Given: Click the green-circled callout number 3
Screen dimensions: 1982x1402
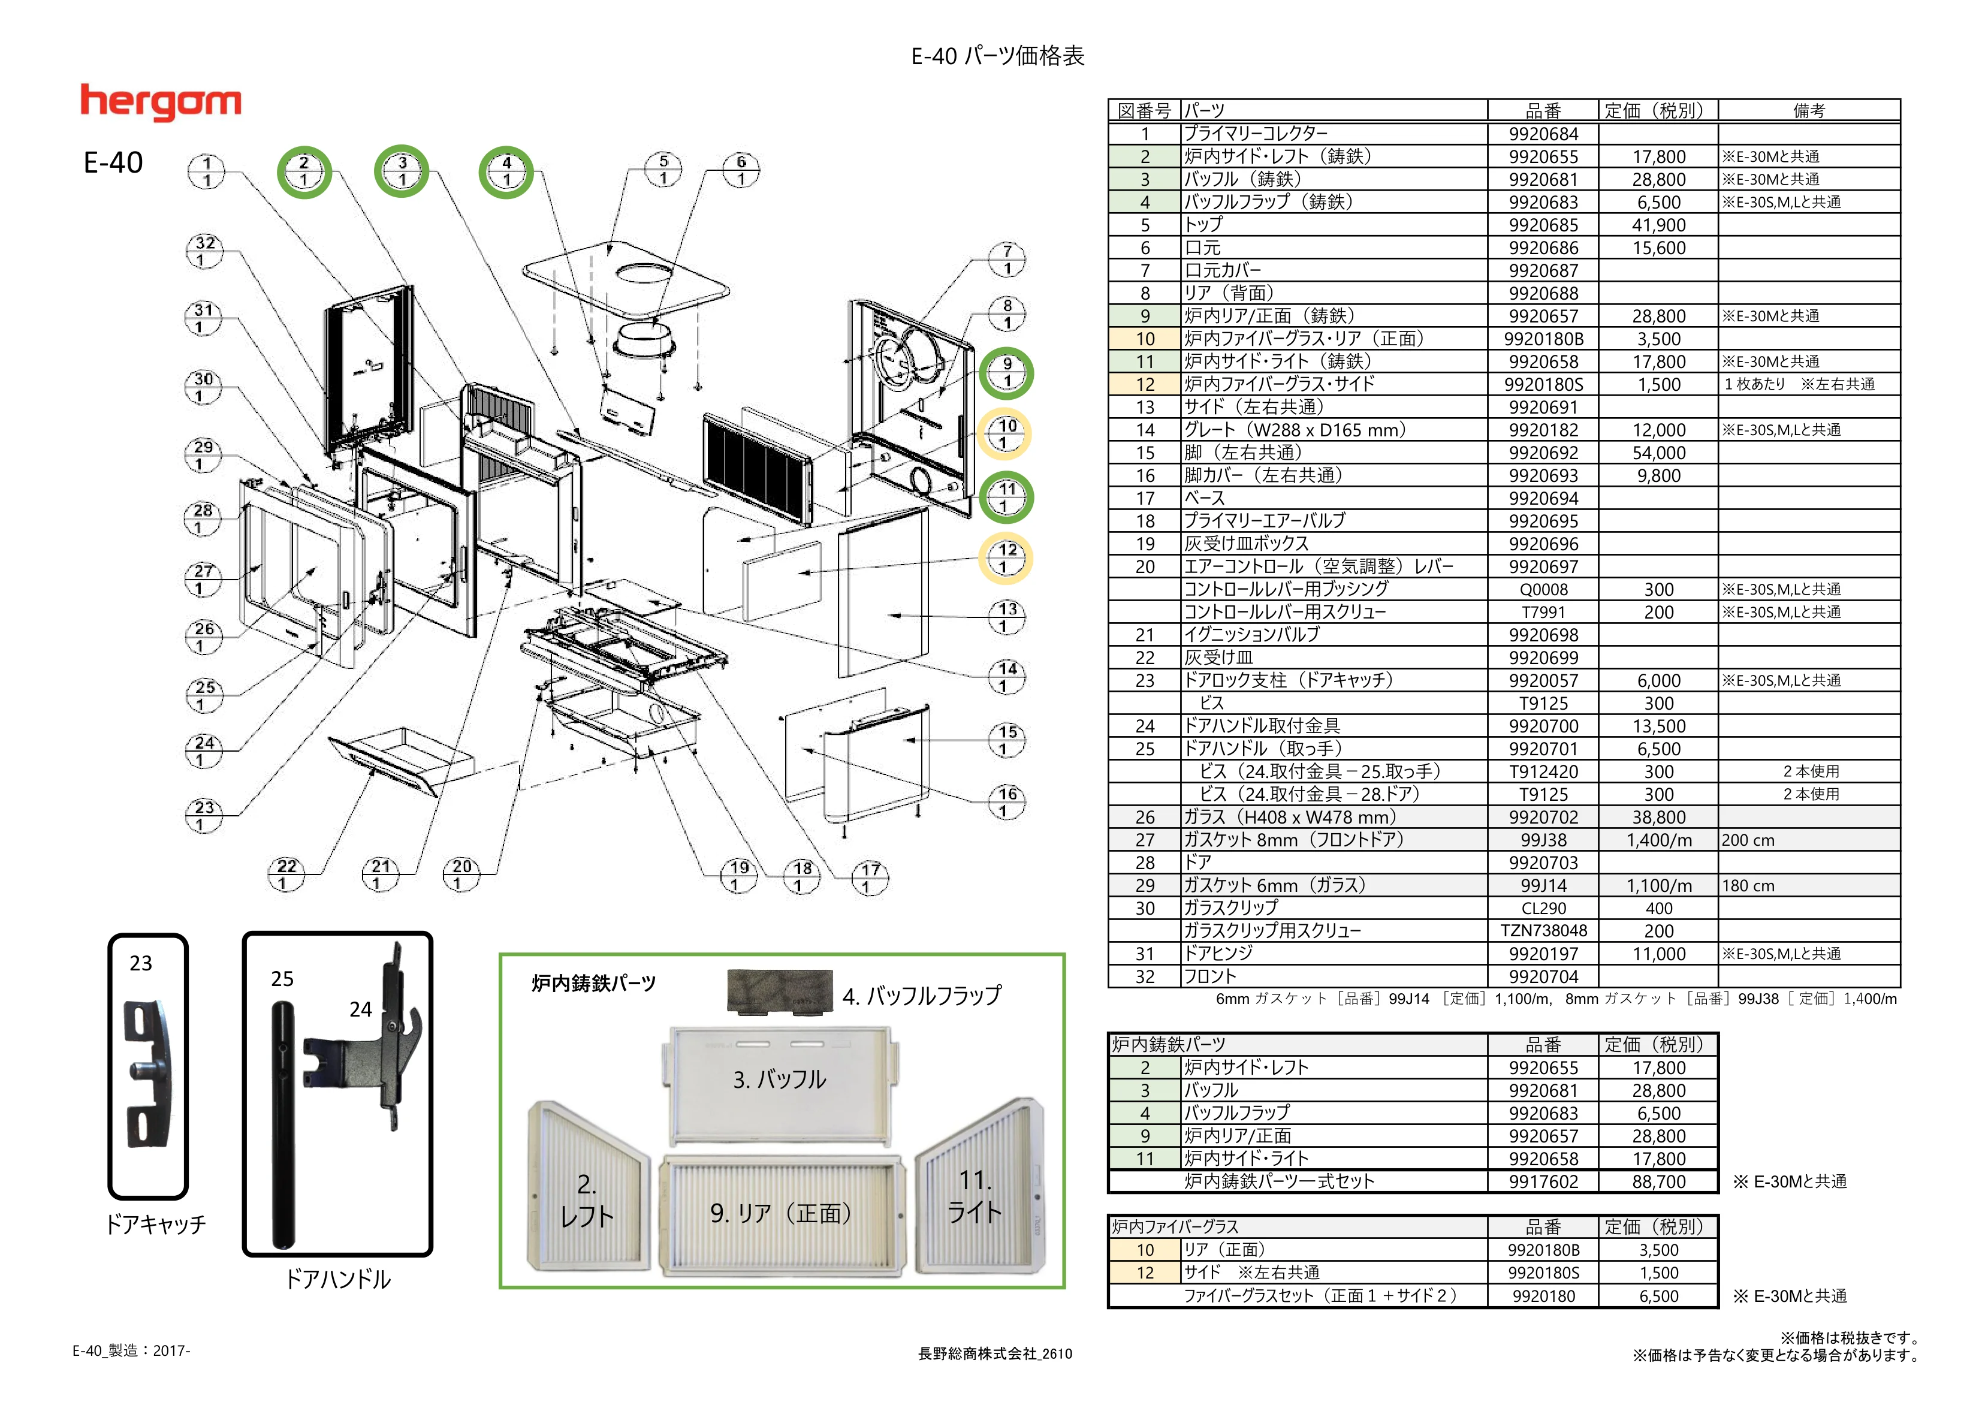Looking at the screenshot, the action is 402,171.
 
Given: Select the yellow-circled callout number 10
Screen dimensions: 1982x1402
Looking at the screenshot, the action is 1005,433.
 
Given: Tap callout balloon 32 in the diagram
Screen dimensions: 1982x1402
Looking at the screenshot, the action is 204,251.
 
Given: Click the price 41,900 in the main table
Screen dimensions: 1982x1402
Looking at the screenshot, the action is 1658,225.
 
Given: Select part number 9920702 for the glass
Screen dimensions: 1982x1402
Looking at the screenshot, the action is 1543,818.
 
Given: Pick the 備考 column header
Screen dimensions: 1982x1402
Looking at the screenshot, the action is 1808,110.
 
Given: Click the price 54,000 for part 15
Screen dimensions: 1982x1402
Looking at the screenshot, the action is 1658,453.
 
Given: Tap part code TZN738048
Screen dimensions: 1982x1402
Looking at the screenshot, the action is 1543,931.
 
